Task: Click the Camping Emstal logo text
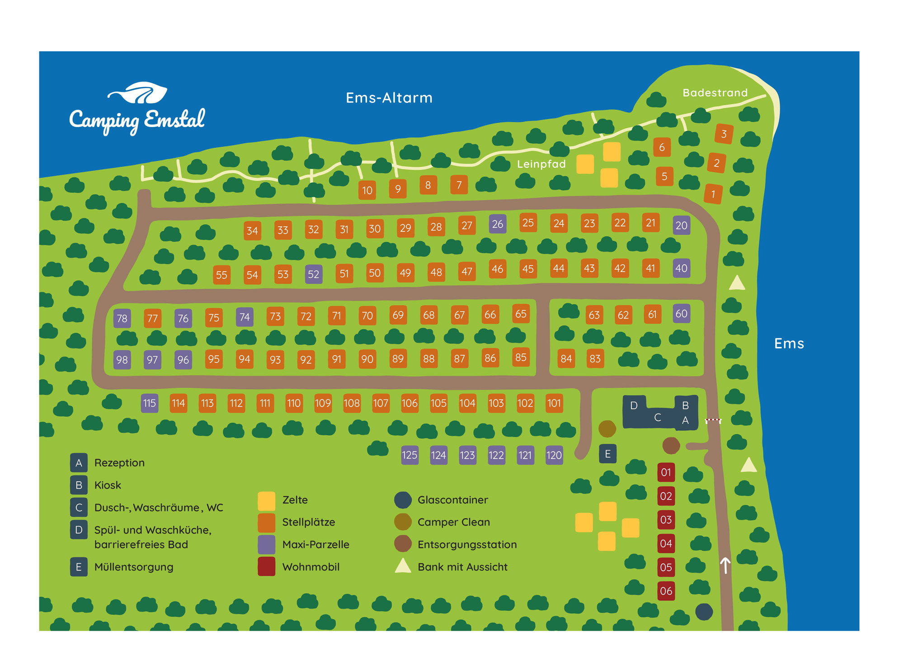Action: click(137, 119)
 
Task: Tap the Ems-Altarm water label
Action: click(389, 98)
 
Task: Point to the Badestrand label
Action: click(715, 93)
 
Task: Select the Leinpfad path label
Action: click(541, 164)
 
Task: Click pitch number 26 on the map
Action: click(497, 224)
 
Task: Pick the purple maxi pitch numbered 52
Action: click(313, 274)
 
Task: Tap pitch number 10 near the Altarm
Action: click(367, 190)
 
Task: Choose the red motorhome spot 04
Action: click(666, 543)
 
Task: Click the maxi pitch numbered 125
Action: click(410, 455)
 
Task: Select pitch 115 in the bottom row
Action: click(149, 403)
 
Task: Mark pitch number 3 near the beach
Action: click(724, 134)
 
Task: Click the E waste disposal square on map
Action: click(607, 454)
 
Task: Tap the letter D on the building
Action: click(634, 405)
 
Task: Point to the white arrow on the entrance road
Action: click(725, 565)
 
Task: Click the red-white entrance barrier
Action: click(713, 420)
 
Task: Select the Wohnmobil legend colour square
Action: click(266, 566)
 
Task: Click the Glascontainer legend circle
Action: click(403, 500)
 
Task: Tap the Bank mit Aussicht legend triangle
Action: click(403, 566)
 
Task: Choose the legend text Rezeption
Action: click(119, 463)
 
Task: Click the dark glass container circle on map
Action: click(704, 612)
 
